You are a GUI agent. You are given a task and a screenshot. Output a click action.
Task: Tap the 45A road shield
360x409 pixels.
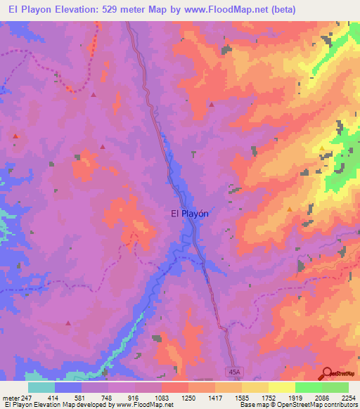(x=234, y=370)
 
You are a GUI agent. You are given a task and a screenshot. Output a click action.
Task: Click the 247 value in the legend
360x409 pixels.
(x=27, y=398)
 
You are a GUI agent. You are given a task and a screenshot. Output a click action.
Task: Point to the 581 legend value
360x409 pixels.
(x=81, y=398)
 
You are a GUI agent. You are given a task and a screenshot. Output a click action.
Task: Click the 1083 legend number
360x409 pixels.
(x=161, y=398)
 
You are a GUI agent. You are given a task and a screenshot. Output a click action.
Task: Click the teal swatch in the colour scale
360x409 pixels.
(x=41, y=387)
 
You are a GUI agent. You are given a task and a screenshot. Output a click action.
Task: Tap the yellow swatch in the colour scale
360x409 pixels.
(x=281, y=387)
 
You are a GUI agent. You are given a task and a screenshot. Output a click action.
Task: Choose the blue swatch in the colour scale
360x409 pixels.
(x=68, y=387)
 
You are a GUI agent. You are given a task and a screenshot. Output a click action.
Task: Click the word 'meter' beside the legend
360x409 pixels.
(x=10, y=398)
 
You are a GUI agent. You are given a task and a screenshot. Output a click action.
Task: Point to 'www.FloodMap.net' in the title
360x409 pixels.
(x=218, y=9)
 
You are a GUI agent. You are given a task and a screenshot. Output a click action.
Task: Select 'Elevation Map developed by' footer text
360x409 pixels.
(x=68, y=405)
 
